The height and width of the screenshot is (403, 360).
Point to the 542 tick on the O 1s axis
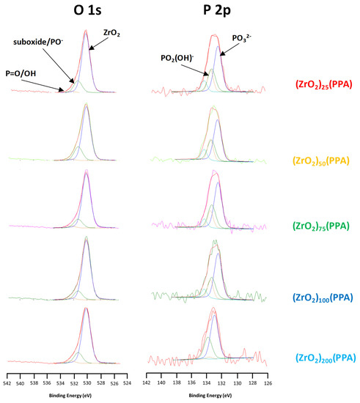tap(7, 382)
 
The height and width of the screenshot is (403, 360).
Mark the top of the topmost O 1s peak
tap(87, 31)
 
